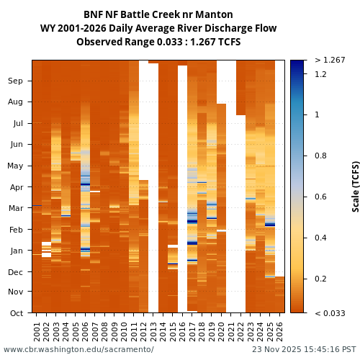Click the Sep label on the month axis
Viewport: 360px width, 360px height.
16,81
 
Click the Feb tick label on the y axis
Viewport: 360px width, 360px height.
16,230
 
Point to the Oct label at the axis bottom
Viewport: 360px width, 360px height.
16,313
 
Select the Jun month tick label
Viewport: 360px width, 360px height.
16,145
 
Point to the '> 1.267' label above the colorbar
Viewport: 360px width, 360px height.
330,60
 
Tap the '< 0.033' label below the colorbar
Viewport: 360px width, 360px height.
330,313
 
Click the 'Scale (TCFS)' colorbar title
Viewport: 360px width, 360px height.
356,186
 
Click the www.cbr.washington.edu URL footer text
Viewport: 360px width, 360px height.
78,350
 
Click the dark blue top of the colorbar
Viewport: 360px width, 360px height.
297,65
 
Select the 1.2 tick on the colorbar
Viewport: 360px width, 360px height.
320,74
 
